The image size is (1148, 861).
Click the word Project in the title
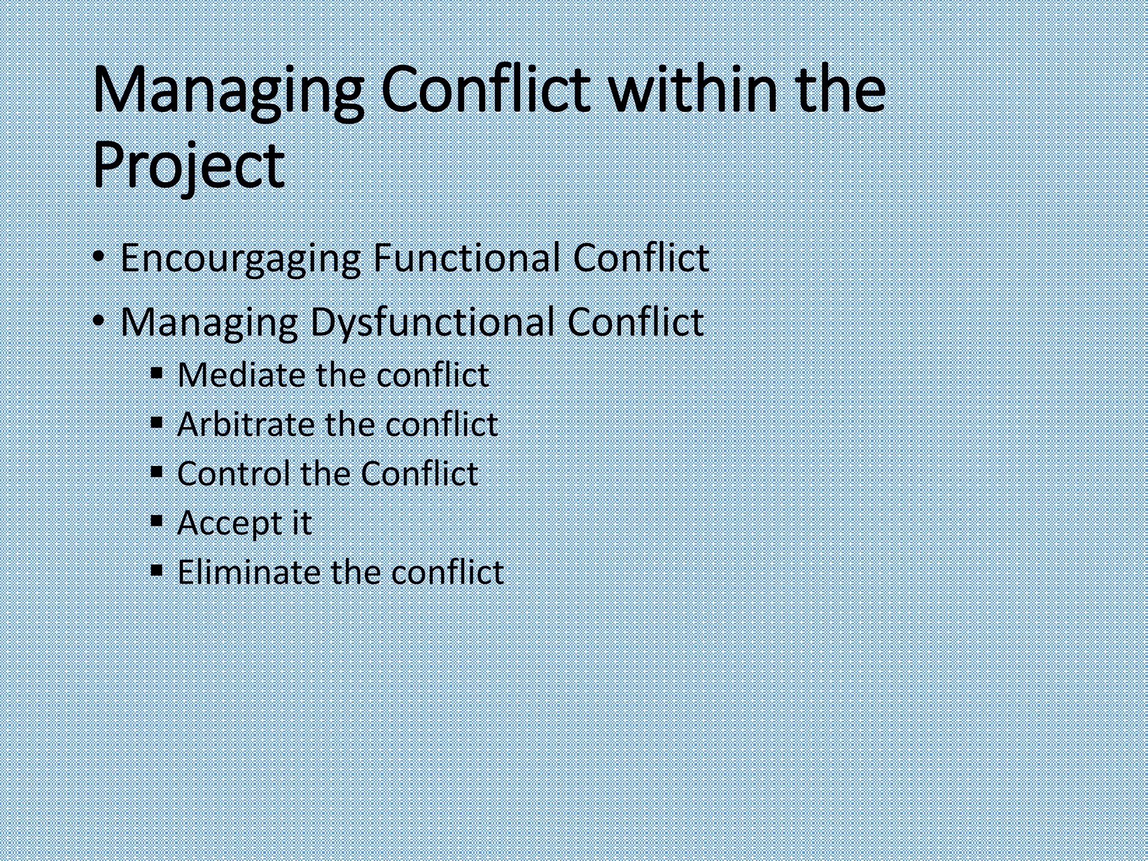[x=188, y=166]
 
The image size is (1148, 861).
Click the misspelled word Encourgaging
[x=240, y=259]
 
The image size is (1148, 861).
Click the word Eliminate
[x=248, y=572]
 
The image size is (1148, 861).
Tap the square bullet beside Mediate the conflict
[x=157, y=372]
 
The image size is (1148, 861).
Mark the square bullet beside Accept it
[x=157, y=521]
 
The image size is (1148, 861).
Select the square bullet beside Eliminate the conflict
[x=157, y=570]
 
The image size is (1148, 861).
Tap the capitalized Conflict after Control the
[x=419, y=473]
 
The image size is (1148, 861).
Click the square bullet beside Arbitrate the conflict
[x=157, y=421]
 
